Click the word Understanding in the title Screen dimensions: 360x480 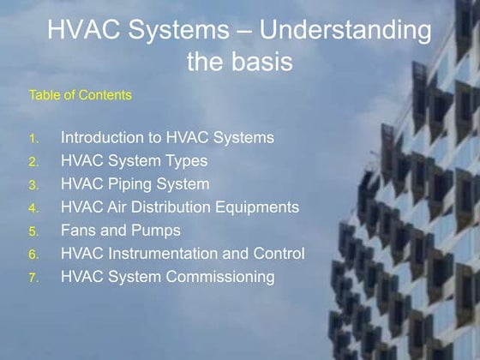[x=345, y=32]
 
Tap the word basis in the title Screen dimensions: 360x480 [x=256, y=62]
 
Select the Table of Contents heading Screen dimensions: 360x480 [x=81, y=95]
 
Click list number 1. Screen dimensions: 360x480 [x=33, y=139]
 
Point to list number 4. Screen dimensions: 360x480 [x=33, y=208]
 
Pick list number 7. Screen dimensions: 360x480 [x=33, y=278]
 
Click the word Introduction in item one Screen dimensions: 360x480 [x=105, y=137]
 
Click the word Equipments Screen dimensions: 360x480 [x=254, y=207]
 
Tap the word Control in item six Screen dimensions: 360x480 [x=279, y=253]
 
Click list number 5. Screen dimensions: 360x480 [x=33, y=231]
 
